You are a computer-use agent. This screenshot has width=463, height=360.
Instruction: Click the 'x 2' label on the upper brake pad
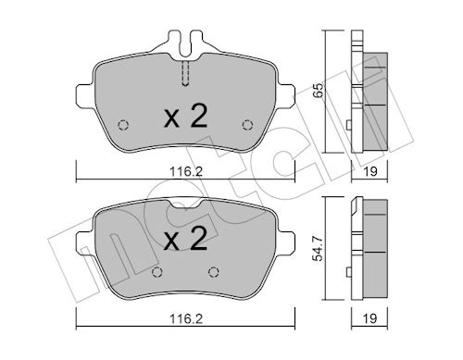[185, 116]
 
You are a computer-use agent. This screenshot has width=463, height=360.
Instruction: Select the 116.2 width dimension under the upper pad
[186, 171]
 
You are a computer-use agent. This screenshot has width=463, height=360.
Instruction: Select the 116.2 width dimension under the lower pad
[186, 318]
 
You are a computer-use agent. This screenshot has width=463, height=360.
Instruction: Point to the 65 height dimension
[318, 91]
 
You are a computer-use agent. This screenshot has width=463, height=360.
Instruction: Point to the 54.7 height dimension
[318, 249]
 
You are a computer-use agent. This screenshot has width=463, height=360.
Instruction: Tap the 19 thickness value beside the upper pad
[369, 171]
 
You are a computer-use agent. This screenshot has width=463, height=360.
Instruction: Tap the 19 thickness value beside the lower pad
[369, 318]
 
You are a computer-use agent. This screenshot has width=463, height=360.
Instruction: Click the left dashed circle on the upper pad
[123, 125]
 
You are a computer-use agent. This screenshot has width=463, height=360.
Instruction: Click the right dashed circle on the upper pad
[247, 125]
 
